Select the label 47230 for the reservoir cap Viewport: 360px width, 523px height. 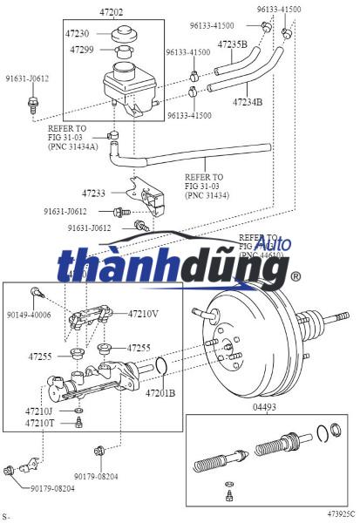(78, 33)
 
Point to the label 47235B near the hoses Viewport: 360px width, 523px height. (232, 44)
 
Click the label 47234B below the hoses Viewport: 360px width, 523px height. (248, 102)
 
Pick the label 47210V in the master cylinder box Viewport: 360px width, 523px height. (143, 313)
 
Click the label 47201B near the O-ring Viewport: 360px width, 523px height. (160, 393)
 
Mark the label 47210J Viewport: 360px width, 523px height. (39, 411)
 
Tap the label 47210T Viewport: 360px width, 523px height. (39, 423)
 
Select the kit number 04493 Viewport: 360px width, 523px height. (264, 406)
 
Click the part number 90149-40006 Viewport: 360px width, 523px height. (30, 315)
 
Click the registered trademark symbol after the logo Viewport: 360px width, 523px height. (295, 277)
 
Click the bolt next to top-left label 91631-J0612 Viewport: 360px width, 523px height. (32, 104)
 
